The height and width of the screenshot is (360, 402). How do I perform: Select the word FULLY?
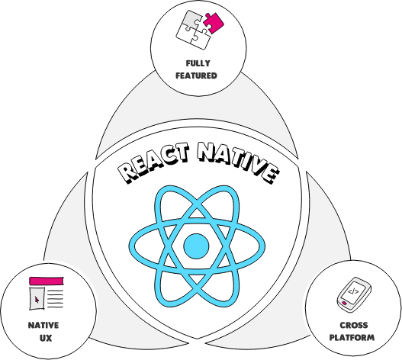(x=199, y=64)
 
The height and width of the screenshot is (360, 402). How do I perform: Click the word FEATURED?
(x=199, y=76)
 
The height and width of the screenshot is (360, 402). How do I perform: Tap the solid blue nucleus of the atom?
(x=197, y=246)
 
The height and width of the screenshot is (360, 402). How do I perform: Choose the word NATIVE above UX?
(x=43, y=325)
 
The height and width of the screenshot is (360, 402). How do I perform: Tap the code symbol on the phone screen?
(x=352, y=291)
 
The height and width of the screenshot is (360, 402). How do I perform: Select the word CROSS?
(x=352, y=326)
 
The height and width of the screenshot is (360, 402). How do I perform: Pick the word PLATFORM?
(x=352, y=337)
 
